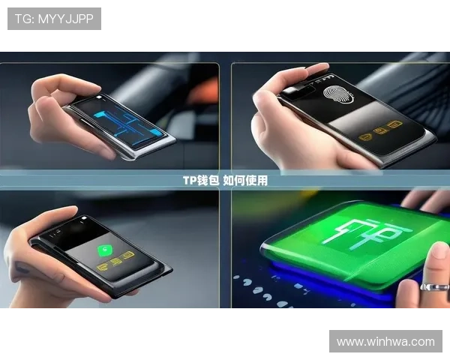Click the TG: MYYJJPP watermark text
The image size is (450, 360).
[x=54, y=19]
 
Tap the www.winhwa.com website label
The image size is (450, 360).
[x=385, y=342]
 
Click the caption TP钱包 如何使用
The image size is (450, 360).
[x=225, y=181]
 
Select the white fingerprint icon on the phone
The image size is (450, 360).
[x=338, y=94]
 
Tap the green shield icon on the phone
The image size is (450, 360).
[x=105, y=250]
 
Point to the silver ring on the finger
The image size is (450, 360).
[x=435, y=287]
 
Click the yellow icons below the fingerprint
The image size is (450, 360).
[x=380, y=130]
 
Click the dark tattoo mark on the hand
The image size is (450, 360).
[x=22, y=268]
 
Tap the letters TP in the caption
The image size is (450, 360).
[x=190, y=181]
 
